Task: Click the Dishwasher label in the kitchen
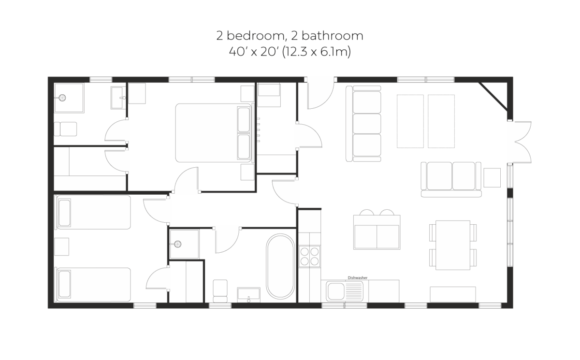357,278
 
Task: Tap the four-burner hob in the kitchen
309,256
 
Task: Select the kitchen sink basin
336,291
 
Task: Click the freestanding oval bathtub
280,267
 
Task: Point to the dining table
452,245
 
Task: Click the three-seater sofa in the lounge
363,124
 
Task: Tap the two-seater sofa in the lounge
451,179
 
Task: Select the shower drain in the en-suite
62,98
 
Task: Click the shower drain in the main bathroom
178,244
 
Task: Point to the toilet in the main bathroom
220,291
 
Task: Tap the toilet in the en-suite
65,129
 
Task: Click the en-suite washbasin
118,98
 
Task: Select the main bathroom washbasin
249,295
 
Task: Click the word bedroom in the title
256,36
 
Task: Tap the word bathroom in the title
332,36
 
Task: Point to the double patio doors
521,142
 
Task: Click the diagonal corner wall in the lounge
493,96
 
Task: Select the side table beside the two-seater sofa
492,177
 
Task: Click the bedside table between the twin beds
62,246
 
